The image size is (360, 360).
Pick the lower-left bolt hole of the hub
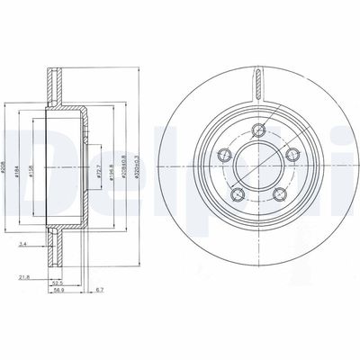(x=237, y=194)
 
